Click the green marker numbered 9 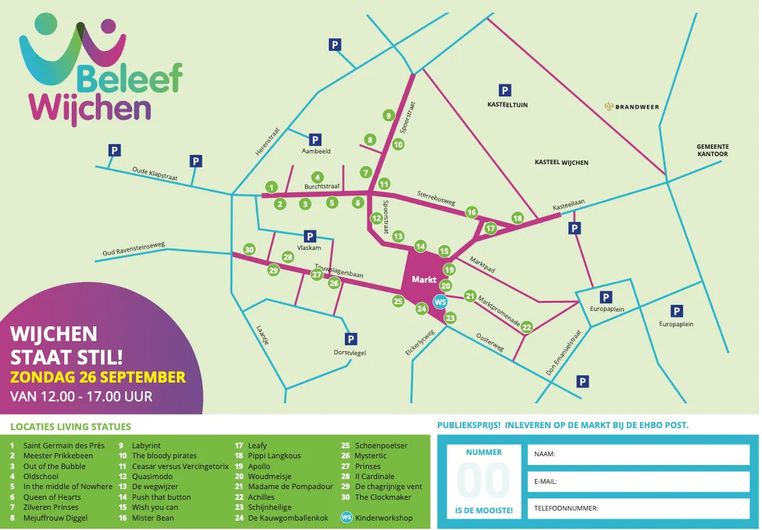[x=388, y=115]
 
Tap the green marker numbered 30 [x=249, y=249]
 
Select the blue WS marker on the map [x=440, y=302]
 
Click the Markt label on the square [x=424, y=279]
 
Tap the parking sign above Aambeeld [x=315, y=140]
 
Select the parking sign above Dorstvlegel [x=350, y=339]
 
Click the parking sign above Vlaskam [x=309, y=236]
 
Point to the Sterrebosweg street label [x=436, y=198]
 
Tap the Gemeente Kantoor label [x=712, y=150]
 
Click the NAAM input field [x=638, y=454]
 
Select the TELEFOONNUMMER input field [x=638, y=509]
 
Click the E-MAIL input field [x=638, y=481]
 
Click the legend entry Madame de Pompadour [x=290, y=487]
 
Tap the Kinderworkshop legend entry [x=384, y=518]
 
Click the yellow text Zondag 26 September [x=98, y=377]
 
